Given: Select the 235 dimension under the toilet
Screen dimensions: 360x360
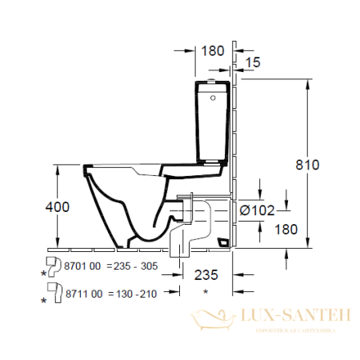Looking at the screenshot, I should click(206, 274).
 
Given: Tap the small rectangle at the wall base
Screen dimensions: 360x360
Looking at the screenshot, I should click(224, 241).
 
